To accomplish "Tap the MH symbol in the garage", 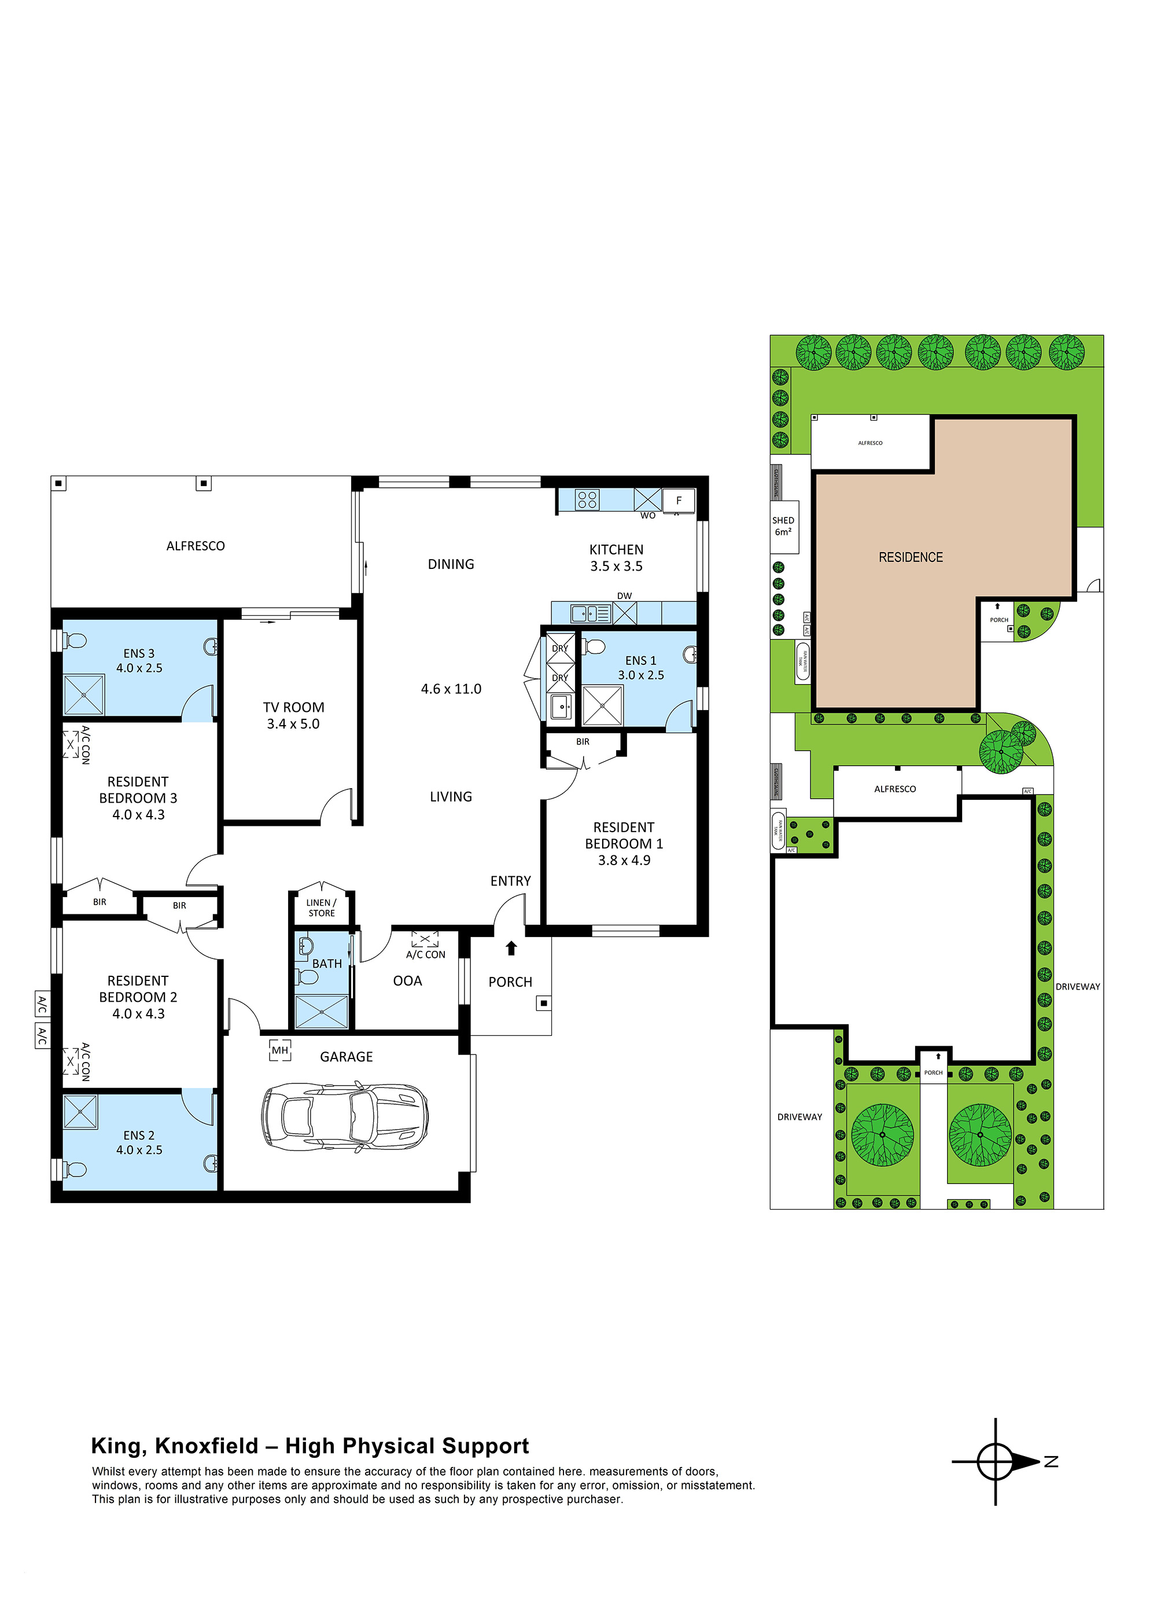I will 280,1050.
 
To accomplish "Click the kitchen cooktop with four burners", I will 587,499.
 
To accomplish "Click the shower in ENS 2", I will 80,1112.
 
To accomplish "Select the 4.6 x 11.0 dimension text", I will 451,689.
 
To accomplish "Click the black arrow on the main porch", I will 511,948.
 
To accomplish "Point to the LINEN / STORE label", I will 321,908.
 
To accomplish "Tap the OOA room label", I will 407,981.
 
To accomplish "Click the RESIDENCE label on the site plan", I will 911,557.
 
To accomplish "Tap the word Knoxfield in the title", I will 206,1446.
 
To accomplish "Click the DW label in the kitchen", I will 624,596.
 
